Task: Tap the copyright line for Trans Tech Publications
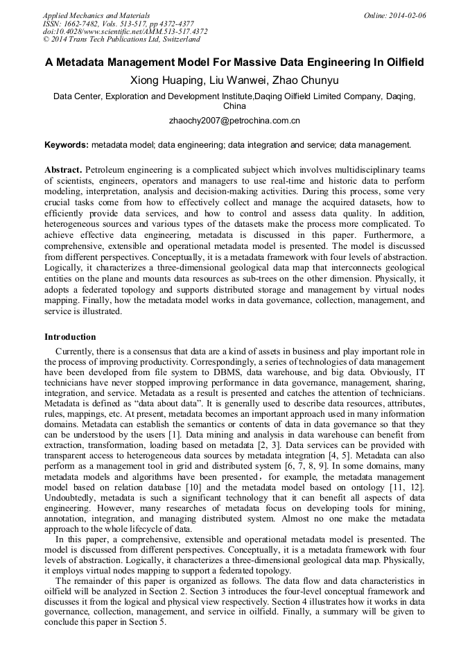click(121, 40)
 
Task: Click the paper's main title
click(234, 62)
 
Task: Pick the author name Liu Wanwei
click(240, 80)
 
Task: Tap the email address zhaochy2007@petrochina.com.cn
click(234, 121)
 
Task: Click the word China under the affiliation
click(234, 106)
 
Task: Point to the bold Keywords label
click(66, 145)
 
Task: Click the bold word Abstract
click(63, 170)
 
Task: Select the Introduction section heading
click(70, 337)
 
